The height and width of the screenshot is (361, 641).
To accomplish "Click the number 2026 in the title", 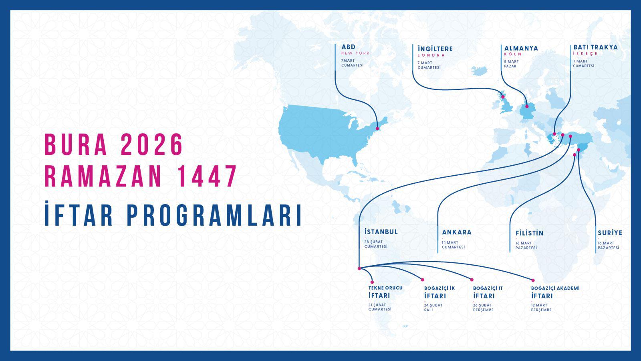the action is point(152,145).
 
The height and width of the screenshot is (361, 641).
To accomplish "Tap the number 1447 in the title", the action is point(207,176).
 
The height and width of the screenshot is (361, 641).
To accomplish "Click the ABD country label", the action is point(349,47).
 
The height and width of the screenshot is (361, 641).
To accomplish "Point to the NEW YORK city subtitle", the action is point(355,53).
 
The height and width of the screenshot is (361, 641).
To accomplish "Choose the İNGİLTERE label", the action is point(435,49).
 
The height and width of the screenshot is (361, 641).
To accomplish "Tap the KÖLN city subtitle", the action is point(513,54).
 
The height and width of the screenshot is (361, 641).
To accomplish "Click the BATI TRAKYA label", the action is point(595,47).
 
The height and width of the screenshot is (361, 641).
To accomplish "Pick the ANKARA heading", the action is point(457,232).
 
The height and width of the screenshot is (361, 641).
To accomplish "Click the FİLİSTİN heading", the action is point(529,233).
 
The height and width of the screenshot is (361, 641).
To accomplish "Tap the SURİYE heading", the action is point(610,233).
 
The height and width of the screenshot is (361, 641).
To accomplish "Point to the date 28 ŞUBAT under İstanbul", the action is point(373,242).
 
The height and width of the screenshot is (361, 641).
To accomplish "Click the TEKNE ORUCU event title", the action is point(385,288).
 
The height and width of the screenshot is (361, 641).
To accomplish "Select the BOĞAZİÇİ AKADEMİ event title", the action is point(555,288).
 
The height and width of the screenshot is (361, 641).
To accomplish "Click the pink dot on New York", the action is point(377,128).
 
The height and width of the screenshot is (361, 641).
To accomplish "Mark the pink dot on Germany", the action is point(527,106).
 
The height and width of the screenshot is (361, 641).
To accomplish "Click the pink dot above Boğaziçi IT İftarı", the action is point(472,280).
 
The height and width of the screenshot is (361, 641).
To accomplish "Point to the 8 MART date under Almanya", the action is point(511,62).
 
